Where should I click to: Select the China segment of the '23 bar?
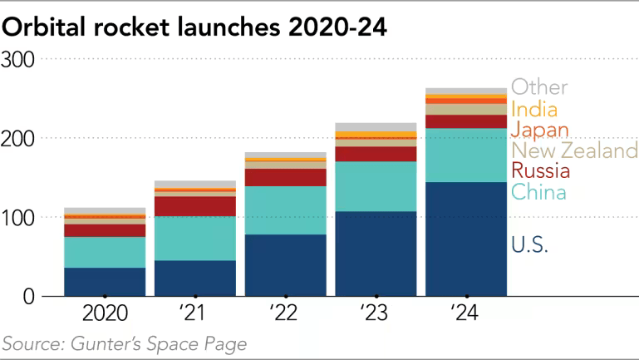pyautogui.click(x=376, y=186)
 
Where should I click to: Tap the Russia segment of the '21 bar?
pyautogui.click(x=194, y=205)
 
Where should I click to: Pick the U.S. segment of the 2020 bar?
pyautogui.click(x=105, y=281)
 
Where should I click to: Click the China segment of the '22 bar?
pyautogui.click(x=285, y=210)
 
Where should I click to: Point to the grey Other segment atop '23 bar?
pyautogui.click(x=376, y=126)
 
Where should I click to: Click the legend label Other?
pyautogui.click(x=539, y=87)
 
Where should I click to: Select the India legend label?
pyautogui.click(x=533, y=109)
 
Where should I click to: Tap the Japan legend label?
pyautogui.click(x=539, y=130)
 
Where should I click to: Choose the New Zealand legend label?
pyautogui.click(x=573, y=150)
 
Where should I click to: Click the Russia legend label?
pyautogui.click(x=540, y=171)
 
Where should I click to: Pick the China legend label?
pyautogui.click(x=538, y=193)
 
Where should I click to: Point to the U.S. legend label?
pyautogui.click(x=529, y=244)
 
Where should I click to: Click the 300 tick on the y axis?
pyautogui.click(x=17, y=59)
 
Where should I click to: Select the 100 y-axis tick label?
pyautogui.click(x=17, y=217)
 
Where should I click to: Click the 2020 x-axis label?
pyautogui.click(x=105, y=314)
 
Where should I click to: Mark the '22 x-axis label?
pyautogui.click(x=285, y=314)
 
